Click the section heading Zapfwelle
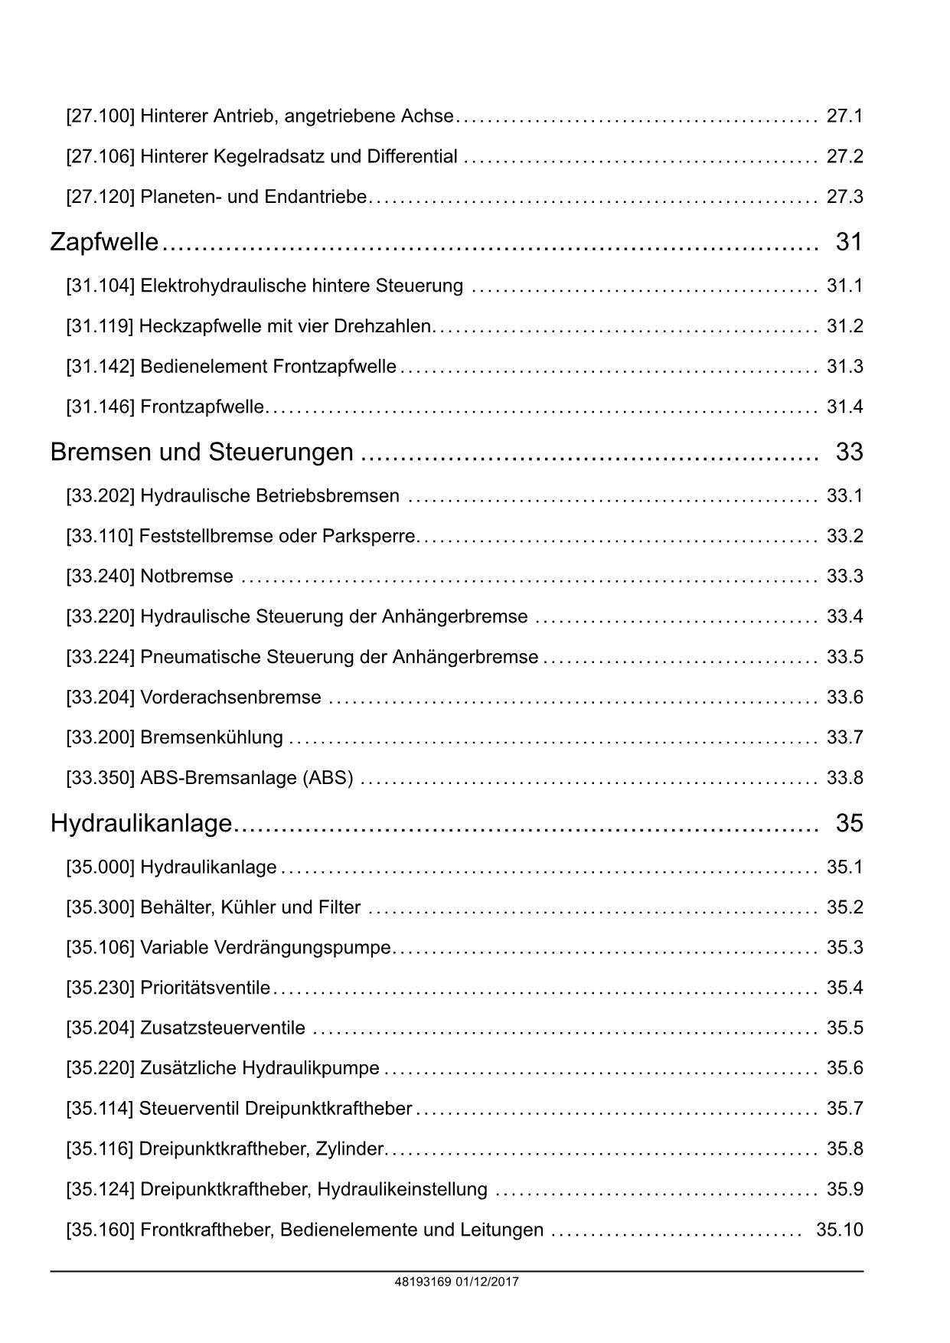click(104, 242)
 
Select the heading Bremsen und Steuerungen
click(202, 452)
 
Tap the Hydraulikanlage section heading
click(141, 823)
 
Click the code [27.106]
click(100, 157)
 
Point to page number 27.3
click(844, 197)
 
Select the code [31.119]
click(100, 326)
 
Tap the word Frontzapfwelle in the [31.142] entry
click(335, 367)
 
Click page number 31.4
click(844, 407)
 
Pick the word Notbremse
click(187, 576)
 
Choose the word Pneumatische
click(201, 657)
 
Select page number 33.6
click(844, 698)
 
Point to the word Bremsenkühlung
click(211, 737)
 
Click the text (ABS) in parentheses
click(328, 778)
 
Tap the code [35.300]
click(100, 907)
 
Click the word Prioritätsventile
click(205, 988)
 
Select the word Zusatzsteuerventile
click(223, 1028)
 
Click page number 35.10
click(840, 1230)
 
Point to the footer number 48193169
click(423, 1282)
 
